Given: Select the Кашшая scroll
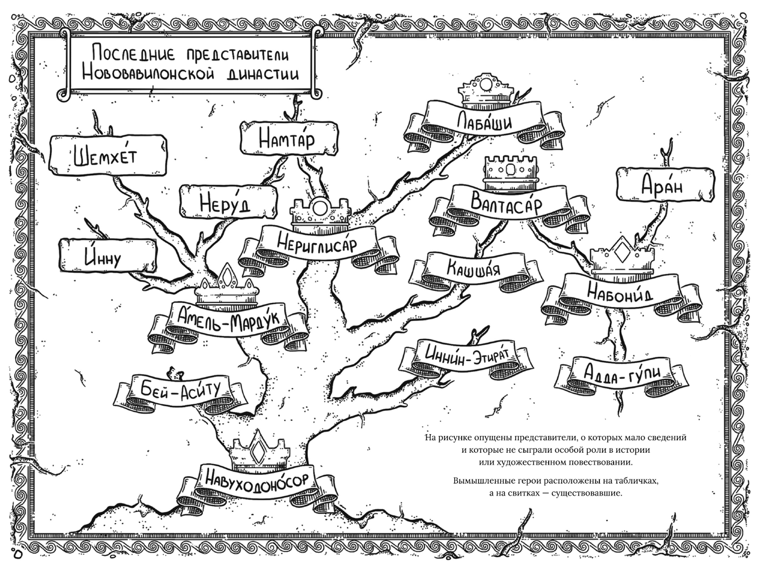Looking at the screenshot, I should click(473, 268).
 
